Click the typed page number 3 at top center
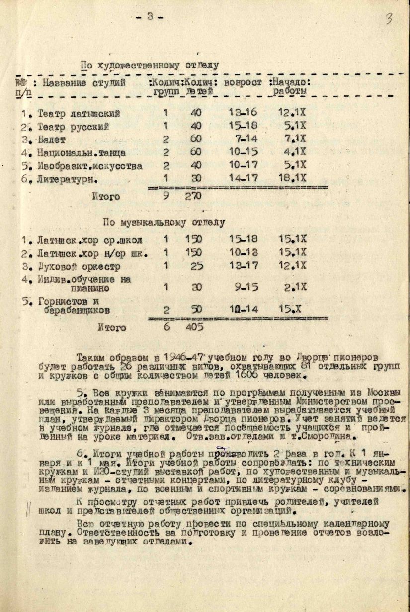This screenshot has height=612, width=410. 150,18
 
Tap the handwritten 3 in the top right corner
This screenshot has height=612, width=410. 389,20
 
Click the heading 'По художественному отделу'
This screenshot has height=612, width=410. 150,65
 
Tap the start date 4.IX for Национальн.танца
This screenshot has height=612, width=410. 293,153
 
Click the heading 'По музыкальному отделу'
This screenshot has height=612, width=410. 164,222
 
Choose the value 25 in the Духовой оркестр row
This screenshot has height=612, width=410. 197,266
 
